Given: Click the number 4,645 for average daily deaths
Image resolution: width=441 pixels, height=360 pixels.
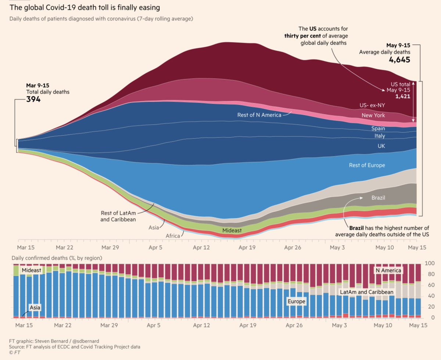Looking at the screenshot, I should pyautogui.click(x=399, y=60).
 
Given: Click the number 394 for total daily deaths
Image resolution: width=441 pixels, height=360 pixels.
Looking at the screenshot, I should pyautogui.click(x=33, y=99).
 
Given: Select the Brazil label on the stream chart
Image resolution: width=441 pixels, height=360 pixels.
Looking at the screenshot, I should pyautogui.click(x=378, y=198).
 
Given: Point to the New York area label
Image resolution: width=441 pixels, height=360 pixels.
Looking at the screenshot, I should pyautogui.click(x=373, y=115).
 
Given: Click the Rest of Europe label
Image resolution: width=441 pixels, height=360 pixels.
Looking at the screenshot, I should pyautogui.click(x=367, y=165).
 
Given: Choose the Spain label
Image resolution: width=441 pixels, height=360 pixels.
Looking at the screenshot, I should pyautogui.click(x=378, y=129).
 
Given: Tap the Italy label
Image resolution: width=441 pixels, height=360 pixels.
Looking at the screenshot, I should pyautogui.click(x=380, y=136).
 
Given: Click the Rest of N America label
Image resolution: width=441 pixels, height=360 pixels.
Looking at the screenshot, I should pyautogui.click(x=259, y=115).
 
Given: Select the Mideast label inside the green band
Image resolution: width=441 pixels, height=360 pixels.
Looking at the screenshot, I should pyautogui.click(x=232, y=230).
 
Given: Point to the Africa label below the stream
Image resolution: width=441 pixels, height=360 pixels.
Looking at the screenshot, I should pyautogui.click(x=172, y=235).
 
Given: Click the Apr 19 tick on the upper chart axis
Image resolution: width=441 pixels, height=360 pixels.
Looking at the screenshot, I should pyautogui.click(x=247, y=247).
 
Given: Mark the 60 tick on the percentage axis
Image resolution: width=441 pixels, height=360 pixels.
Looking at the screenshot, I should pyautogui.click(x=430, y=285).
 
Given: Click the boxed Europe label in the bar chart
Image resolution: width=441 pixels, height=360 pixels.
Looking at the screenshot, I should pyautogui.click(x=297, y=301).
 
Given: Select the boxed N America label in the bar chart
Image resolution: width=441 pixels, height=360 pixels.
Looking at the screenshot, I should pyautogui.click(x=388, y=270).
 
